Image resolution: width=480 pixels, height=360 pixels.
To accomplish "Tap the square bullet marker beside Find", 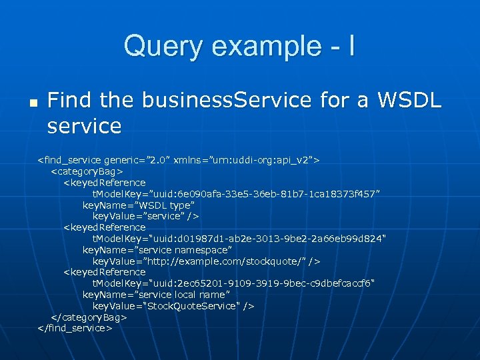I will (31, 104).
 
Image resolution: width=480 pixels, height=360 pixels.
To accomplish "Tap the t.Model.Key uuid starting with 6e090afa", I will (236, 194).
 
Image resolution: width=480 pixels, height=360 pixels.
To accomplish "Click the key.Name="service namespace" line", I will (157, 249).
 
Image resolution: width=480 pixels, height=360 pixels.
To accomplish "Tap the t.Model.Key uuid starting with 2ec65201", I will (237, 283).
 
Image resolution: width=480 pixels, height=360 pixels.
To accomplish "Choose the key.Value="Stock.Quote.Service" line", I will (173, 305).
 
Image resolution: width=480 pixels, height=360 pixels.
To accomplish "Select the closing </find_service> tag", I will (75, 328).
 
